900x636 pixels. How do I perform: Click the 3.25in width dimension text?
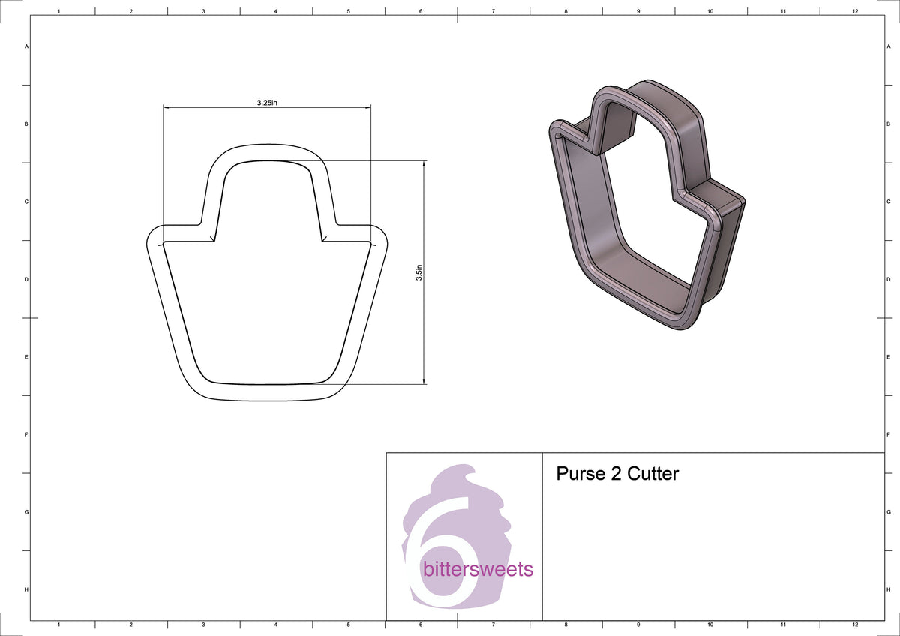coord(267,103)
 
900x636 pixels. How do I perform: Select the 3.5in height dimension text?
coord(419,271)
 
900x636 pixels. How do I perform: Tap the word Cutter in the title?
coord(652,474)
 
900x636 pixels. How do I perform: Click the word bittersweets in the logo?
coord(478,569)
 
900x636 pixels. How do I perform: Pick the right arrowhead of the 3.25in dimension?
coord(367,108)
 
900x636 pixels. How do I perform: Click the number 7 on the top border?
coord(493,12)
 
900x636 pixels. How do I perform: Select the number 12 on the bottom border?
coord(855,624)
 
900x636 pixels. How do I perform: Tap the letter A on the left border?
coord(27,46)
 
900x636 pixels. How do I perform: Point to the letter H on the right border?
coord(889,590)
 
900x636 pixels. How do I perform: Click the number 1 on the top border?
coord(58,12)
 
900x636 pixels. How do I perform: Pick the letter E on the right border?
coord(889,357)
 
